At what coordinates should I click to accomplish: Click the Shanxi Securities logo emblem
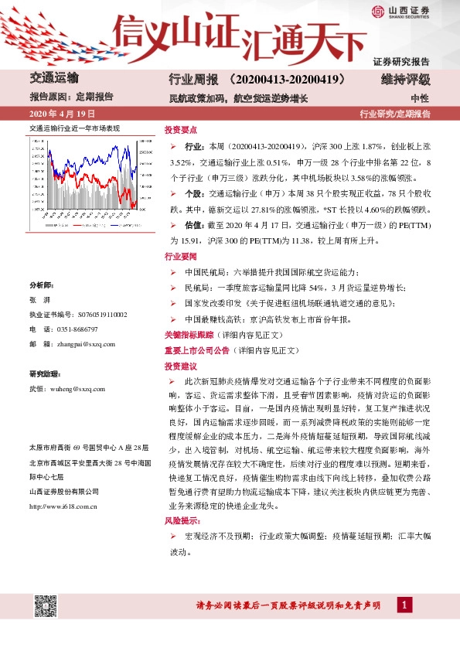pyautogui.click(x=378, y=11)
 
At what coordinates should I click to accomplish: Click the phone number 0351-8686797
pyautogui.click(x=81, y=329)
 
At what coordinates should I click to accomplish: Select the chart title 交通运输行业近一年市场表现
pyautogui.click(x=74, y=128)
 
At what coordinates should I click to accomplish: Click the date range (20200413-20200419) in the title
pyautogui.click(x=287, y=80)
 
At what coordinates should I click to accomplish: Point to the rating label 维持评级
pyautogui.click(x=407, y=80)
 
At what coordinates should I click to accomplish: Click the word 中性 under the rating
pyautogui.click(x=420, y=97)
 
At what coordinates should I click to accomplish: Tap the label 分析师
pyautogui.click(x=41, y=285)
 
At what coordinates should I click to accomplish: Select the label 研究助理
pyautogui.click(x=43, y=373)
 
